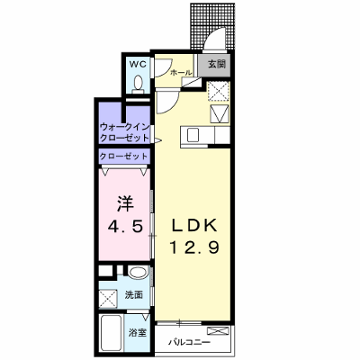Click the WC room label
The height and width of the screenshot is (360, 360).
tap(138, 64)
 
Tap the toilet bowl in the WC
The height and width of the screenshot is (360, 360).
tap(139, 84)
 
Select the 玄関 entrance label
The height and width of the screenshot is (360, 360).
tap(217, 64)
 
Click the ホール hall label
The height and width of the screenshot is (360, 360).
tap(181, 73)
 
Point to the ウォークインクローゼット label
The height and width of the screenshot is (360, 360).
tap(125, 132)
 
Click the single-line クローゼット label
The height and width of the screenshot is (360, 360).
tap(124, 157)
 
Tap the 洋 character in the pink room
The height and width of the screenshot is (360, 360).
tap(125, 203)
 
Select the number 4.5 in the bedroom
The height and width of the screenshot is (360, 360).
tap(125, 227)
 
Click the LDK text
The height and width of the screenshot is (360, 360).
tap(193, 225)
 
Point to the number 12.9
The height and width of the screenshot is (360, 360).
tap(195, 247)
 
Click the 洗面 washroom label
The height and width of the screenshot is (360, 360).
tap(134, 295)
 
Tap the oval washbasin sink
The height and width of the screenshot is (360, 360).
tap(138, 273)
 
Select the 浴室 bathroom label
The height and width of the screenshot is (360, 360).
tap(138, 332)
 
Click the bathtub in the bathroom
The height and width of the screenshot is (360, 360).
tap(110, 333)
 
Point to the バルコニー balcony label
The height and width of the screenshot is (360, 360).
tap(189, 342)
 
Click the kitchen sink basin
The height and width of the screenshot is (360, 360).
tap(193, 135)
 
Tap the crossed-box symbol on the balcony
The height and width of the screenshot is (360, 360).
tap(218, 331)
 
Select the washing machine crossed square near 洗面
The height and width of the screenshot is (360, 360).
tap(108, 299)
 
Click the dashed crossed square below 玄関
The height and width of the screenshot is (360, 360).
tap(219, 91)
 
